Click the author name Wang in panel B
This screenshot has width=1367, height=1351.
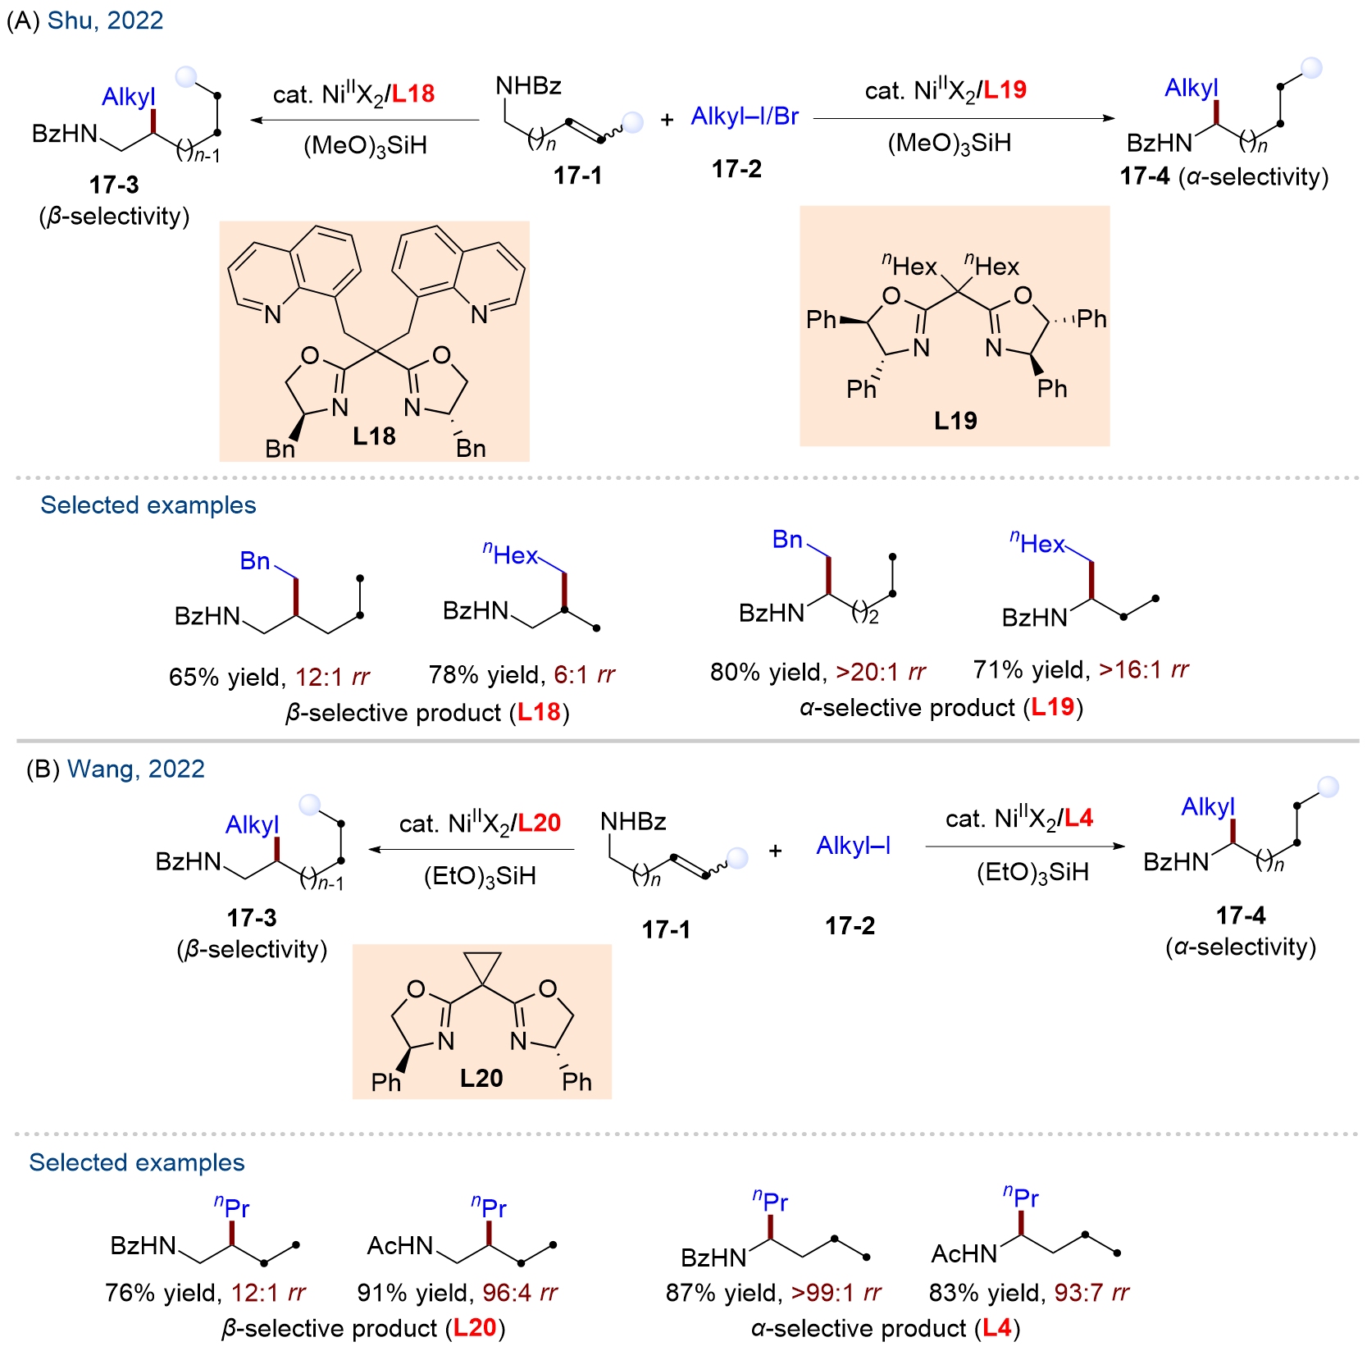(104, 769)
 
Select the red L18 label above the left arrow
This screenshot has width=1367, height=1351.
(413, 94)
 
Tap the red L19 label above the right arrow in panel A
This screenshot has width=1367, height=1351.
(1005, 90)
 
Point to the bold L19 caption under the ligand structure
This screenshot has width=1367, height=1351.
(955, 421)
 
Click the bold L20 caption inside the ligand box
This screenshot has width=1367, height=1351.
(481, 1078)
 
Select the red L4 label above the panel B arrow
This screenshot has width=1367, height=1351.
(1079, 818)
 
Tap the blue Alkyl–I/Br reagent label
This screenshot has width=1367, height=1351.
(745, 116)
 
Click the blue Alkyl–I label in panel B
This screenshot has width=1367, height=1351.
(854, 846)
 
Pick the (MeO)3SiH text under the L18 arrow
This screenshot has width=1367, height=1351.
(365, 146)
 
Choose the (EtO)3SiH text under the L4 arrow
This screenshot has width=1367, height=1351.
(1032, 872)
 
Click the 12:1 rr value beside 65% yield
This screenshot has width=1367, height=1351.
(332, 678)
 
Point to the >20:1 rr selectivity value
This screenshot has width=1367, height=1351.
(881, 673)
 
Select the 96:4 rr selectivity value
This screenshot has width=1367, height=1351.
(520, 1293)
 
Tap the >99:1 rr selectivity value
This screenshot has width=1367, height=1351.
(836, 1293)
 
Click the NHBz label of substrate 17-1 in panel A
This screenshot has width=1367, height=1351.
(529, 86)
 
